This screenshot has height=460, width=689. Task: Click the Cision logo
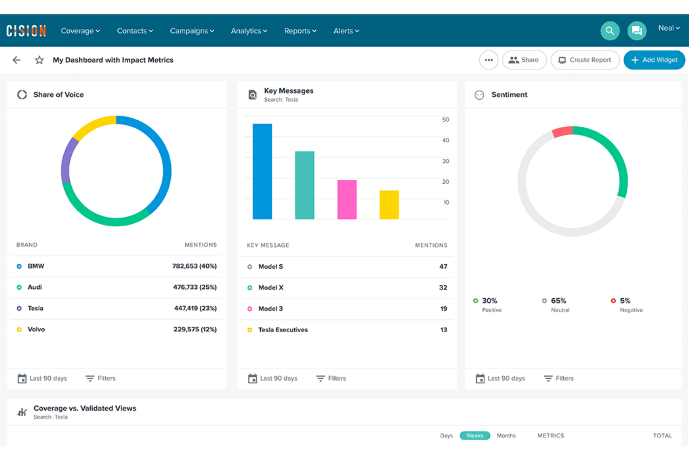point(26,31)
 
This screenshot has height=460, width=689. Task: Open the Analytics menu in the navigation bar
point(249,31)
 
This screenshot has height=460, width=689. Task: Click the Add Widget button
point(654,60)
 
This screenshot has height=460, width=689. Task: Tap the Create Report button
point(585,60)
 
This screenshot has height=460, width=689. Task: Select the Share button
point(524,60)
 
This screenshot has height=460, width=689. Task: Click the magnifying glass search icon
point(609,31)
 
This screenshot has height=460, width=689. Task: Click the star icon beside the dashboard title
point(39,60)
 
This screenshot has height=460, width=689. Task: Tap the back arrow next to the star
point(17,60)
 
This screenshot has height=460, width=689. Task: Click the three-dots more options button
point(488,60)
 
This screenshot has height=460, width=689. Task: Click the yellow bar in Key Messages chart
point(389,205)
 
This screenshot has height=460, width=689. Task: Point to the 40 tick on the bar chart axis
point(446,140)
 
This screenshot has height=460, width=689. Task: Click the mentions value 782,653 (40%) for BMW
point(194,266)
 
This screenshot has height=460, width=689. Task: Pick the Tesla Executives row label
point(283,330)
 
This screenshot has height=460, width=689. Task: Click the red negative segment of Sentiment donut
point(562,131)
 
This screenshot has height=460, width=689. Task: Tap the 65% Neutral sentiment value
point(558,301)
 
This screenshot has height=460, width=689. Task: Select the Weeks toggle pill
point(474,436)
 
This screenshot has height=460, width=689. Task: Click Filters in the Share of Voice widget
point(101,378)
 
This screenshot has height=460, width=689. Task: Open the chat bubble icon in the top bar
point(636,31)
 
